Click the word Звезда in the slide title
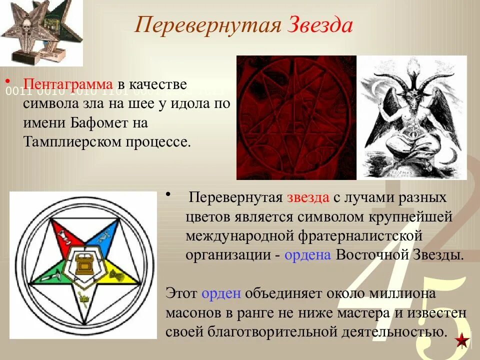(x=319, y=25)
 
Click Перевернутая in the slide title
(x=207, y=25)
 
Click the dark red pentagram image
(x=296, y=117)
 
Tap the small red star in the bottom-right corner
(x=463, y=341)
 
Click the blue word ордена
(x=307, y=254)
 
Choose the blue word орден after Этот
(x=222, y=293)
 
